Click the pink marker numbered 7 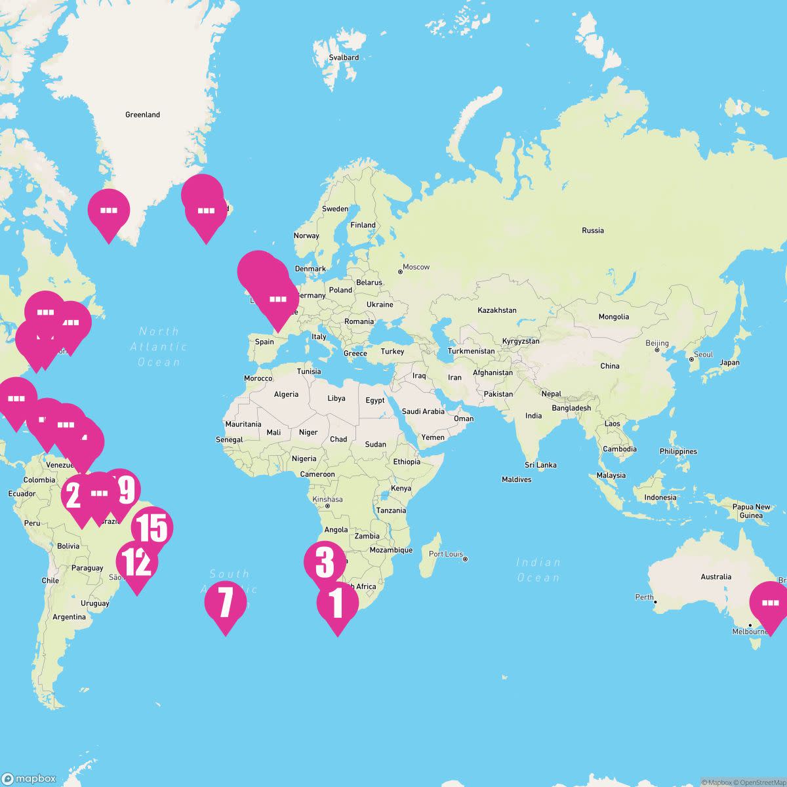coord(225,602)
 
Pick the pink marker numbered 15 coord(152,528)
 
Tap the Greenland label coord(142,115)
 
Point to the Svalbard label coord(344,58)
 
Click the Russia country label coord(592,230)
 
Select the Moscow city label coord(416,267)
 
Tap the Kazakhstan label coord(497,310)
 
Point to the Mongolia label coord(613,317)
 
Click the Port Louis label coord(446,554)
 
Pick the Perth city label coord(644,597)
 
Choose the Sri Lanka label coord(540,465)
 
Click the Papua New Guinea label coord(752,511)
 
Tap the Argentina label coord(69,616)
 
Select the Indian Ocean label coord(538,570)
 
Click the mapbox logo coord(29,778)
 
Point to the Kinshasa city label coord(327,499)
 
